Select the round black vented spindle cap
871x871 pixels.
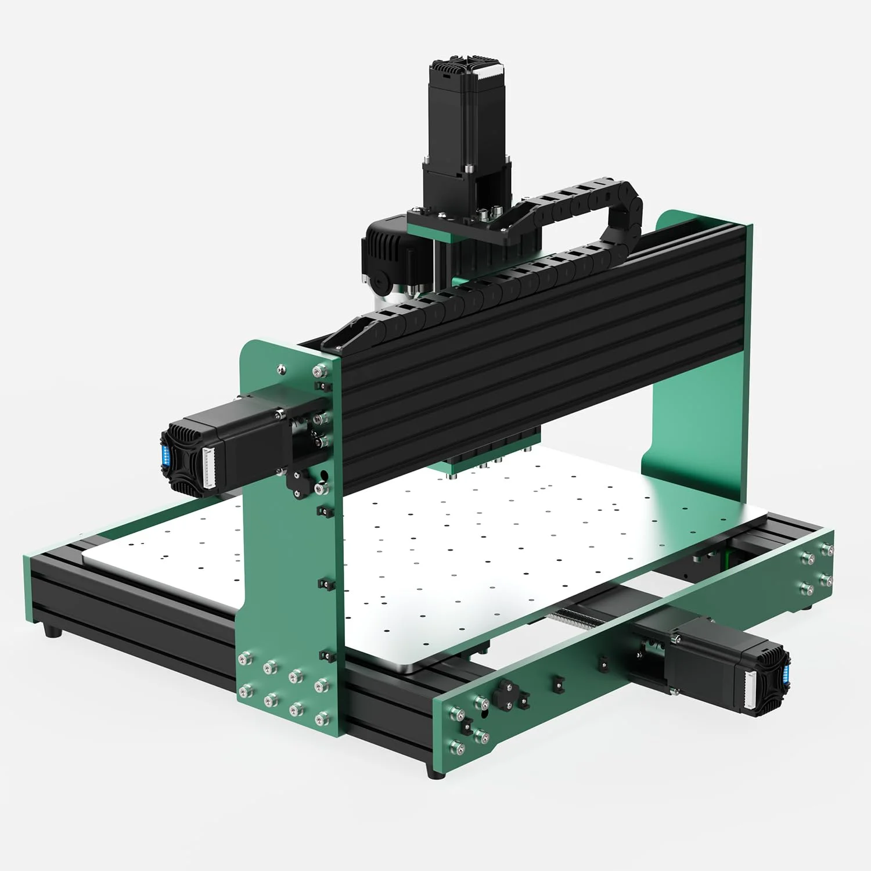(383, 255)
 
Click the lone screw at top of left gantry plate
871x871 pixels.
(282, 368)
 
